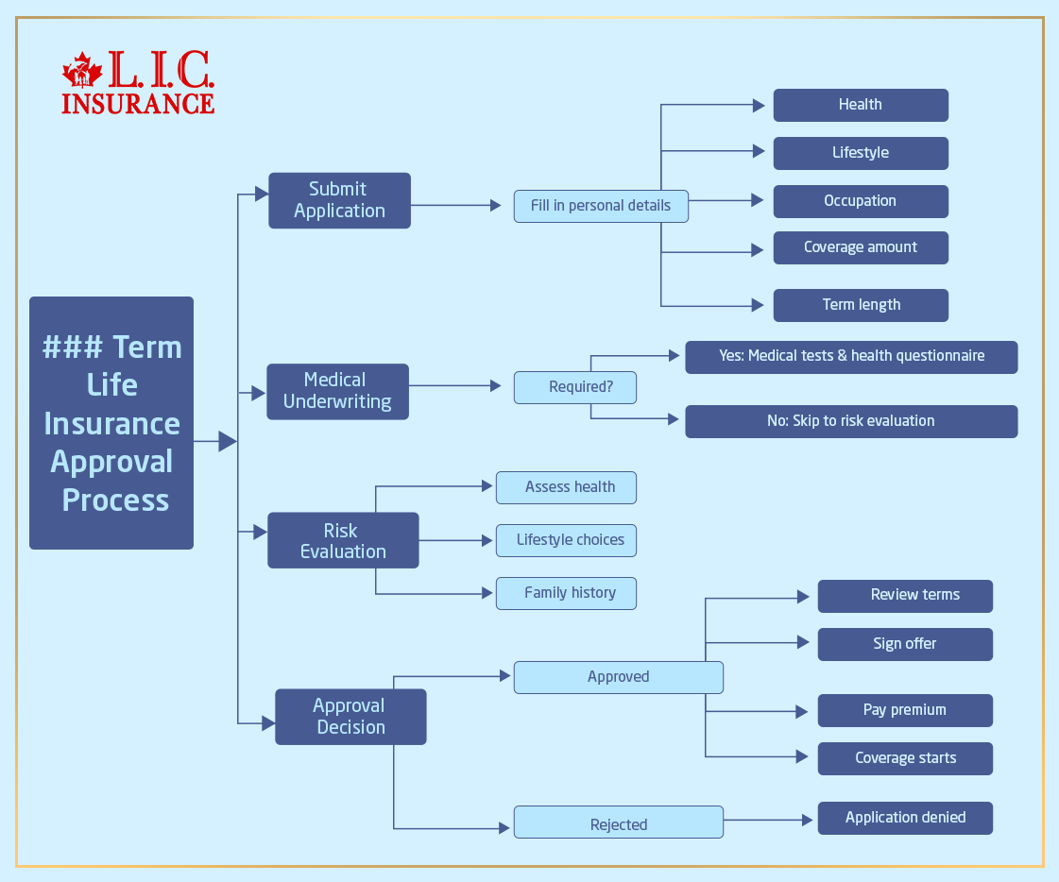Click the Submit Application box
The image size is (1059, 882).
339,200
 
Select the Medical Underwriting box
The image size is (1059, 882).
337,391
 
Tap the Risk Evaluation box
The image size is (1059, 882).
343,540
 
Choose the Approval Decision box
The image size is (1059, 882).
350,717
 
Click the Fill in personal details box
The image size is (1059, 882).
601,206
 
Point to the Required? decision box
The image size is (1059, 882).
575,387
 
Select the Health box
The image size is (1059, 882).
860,105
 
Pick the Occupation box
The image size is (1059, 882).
860,201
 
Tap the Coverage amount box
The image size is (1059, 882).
860,247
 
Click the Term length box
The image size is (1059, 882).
860,305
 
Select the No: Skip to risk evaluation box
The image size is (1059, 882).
850,421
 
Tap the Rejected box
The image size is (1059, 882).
618,823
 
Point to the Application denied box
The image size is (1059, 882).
905,818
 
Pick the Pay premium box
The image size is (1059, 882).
905,710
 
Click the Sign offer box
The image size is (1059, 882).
905,644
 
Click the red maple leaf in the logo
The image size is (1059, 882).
82,72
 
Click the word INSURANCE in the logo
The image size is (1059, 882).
138,103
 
